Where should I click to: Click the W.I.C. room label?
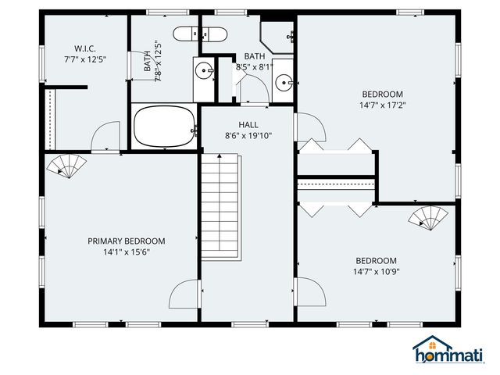(x=84, y=47)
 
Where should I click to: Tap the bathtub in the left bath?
(x=164, y=127)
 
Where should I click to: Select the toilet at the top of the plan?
(x=199, y=34)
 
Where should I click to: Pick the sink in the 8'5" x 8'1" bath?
(x=285, y=80)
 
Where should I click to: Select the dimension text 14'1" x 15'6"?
(x=126, y=253)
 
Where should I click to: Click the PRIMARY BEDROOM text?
(x=126, y=241)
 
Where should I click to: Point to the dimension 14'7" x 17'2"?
(x=382, y=105)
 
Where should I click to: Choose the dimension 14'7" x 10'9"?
(x=376, y=273)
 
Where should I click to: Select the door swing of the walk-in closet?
(x=105, y=137)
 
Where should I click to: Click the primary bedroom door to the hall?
(x=184, y=294)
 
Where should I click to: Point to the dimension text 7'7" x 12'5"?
(x=84, y=59)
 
